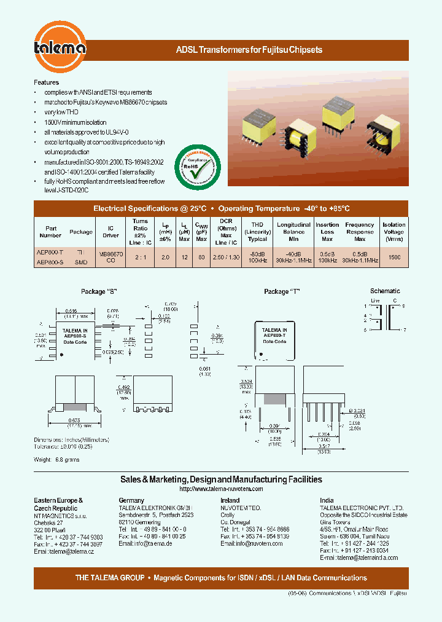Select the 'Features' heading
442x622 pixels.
pyautogui.click(x=47, y=82)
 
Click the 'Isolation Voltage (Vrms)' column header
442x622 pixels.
pyautogui.click(x=394, y=232)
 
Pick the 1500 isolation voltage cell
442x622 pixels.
pyautogui.click(x=394, y=258)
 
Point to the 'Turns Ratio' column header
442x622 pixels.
pyautogui.click(x=140, y=228)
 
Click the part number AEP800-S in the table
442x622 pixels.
pyautogui.click(x=49, y=262)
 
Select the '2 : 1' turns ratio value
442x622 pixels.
pyautogui.click(x=140, y=258)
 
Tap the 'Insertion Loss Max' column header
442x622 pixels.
pyautogui.click(x=327, y=232)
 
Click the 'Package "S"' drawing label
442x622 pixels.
pyautogui.click(x=99, y=291)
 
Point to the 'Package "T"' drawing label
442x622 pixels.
pyautogui.click(x=282, y=291)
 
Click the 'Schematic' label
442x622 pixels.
pyautogui.click(x=385, y=291)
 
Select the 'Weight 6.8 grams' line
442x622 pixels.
pyautogui.click(x=56, y=459)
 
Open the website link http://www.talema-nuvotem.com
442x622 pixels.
pyautogui.click(x=221, y=489)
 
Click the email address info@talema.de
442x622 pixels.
pyautogui.click(x=145, y=544)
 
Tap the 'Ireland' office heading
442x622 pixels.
pyautogui.click(x=230, y=500)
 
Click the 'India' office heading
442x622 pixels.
pyautogui.click(x=327, y=500)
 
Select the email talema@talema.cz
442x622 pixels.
pyautogui.click(x=64, y=551)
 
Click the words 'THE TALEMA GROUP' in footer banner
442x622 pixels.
pyautogui.click(x=110, y=578)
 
